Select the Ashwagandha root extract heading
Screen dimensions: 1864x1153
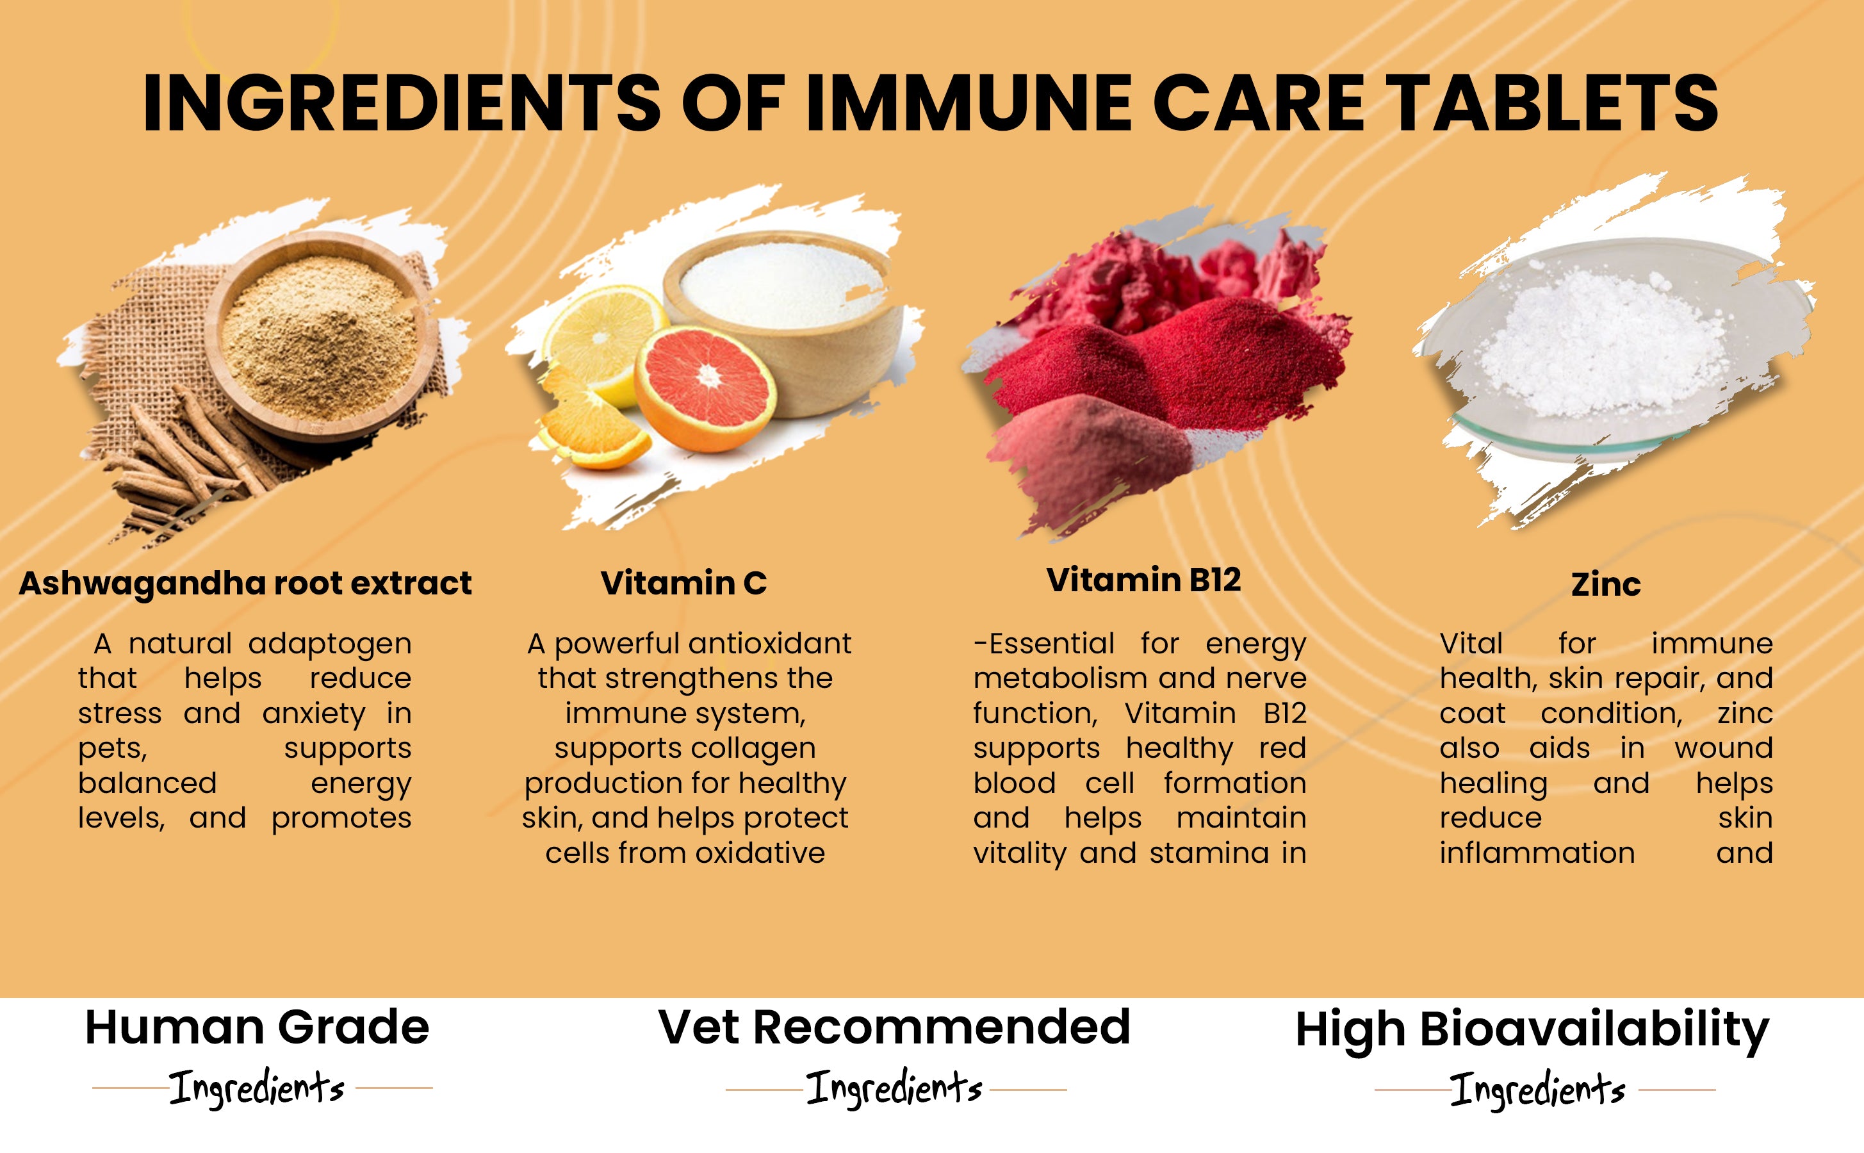pyautogui.click(x=245, y=584)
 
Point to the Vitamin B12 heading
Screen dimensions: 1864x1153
pyautogui.click(x=1143, y=580)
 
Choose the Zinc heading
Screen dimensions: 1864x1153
pyautogui.click(x=1606, y=585)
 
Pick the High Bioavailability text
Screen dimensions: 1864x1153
pyautogui.click(x=1532, y=1030)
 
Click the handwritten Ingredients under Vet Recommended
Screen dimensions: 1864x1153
pyautogui.click(x=894, y=1088)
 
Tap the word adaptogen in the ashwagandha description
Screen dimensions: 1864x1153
pyautogui.click(x=329, y=645)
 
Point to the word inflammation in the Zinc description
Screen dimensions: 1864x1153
pyautogui.click(x=1537, y=853)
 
